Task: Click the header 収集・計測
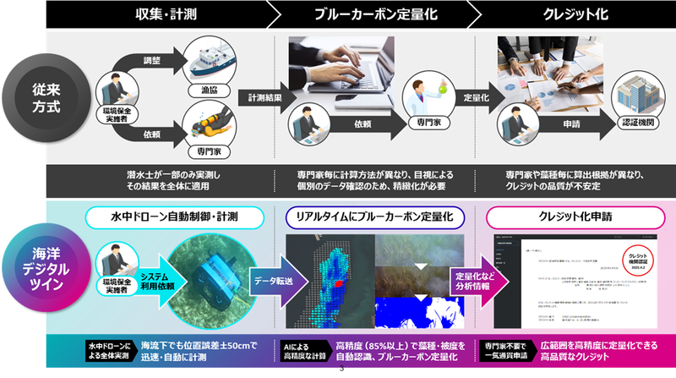click(x=166, y=14)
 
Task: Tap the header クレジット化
click(x=568, y=14)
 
